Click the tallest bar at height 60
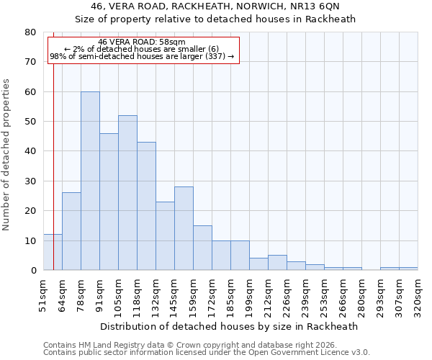coord(90,181)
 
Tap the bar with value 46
coord(109,202)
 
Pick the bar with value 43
coord(146,206)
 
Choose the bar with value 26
coord(71,231)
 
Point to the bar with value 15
coord(202,248)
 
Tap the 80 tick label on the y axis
coord(30,32)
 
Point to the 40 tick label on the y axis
coord(30,151)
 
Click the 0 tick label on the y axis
coord(32,271)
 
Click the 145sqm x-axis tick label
coord(174,295)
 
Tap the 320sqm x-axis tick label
coord(418,295)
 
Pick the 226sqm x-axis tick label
coord(287,295)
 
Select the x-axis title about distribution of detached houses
coord(229,326)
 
